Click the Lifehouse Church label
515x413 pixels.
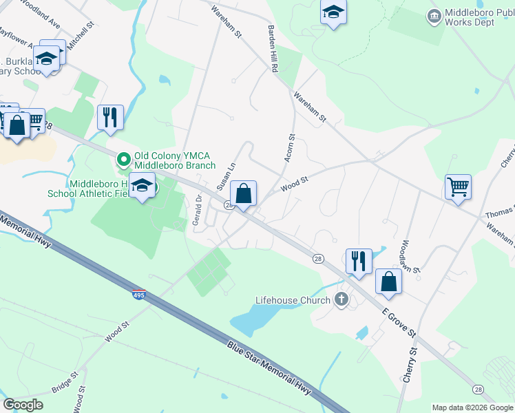pyautogui.click(x=293, y=300)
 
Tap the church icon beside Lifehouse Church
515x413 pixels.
pyautogui.click(x=341, y=299)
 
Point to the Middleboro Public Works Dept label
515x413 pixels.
pyautogui.click(x=479, y=18)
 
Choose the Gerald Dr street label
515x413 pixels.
pyautogui.click(x=198, y=206)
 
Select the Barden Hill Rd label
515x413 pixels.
pyautogui.click(x=273, y=48)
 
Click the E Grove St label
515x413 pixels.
pyautogui.click(x=399, y=321)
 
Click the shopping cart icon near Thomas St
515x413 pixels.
pyautogui.click(x=458, y=186)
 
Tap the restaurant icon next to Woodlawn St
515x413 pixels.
pyautogui.click(x=359, y=260)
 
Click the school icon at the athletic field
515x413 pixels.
pyautogui.click(x=143, y=186)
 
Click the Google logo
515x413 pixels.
pyautogui.click(x=23, y=404)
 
